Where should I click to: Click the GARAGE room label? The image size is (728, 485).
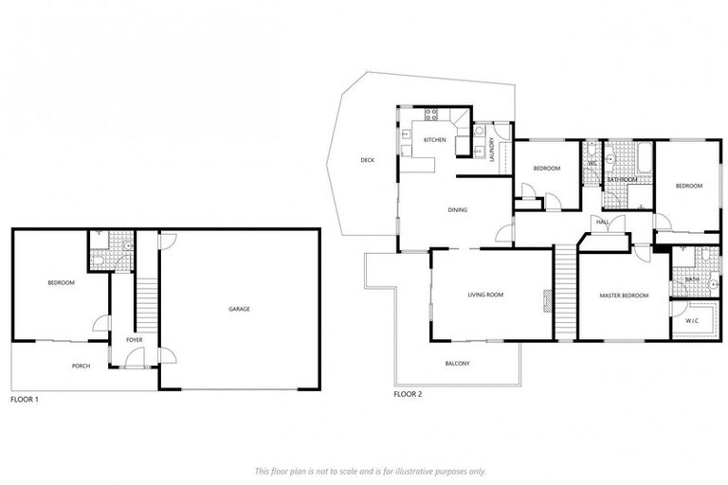click(239, 309)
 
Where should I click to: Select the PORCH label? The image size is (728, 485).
click(82, 366)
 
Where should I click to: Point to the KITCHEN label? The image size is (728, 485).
click(434, 140)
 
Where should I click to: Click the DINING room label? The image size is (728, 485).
click(459, 210)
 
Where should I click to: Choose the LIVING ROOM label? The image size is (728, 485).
click(485, 295)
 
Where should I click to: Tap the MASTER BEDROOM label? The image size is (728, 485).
click(624, 296)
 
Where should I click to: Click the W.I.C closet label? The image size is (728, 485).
click(692, 322)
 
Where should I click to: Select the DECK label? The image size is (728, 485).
click(367, 160)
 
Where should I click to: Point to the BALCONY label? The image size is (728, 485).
click(457, 364)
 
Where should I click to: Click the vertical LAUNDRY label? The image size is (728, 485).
click(492, 152)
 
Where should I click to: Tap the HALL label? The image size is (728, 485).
click(601, 224)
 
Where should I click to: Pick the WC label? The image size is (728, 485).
click(591, 163)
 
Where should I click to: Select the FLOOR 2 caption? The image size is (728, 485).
click(408, 393)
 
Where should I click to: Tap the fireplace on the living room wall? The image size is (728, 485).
click(546, 300)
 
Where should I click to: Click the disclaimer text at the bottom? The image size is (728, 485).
click(370, 470)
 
